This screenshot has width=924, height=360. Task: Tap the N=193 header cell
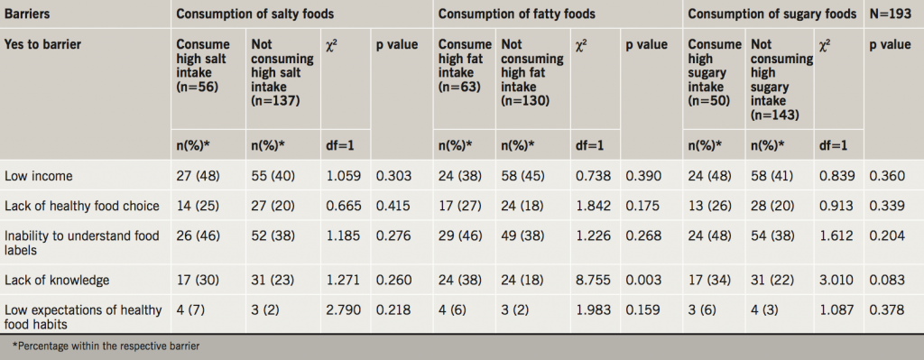[x=889, y=14]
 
